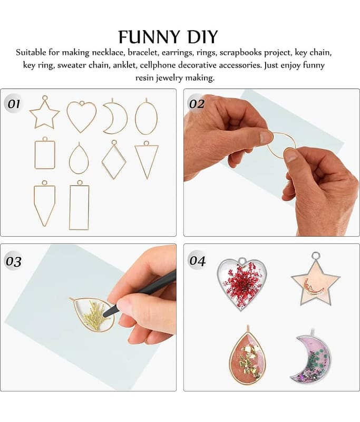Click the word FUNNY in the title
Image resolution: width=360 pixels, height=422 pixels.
(149, 37)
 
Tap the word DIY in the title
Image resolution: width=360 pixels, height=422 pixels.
(202, 37)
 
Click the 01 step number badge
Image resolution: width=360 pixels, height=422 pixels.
(13, 103)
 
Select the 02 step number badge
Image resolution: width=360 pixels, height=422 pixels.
(196, 103)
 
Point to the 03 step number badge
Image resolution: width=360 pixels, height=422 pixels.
(14, 261)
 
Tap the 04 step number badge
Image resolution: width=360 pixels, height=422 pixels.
(197, 260)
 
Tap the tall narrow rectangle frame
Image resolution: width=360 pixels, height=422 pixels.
(70, 207)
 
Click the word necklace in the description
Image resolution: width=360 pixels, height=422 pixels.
(109, 52)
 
